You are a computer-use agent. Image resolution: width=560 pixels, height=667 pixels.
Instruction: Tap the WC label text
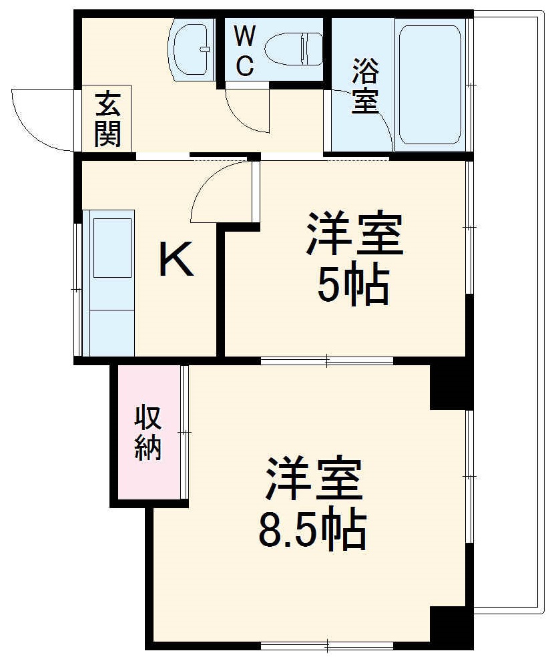click(x=244, y=50)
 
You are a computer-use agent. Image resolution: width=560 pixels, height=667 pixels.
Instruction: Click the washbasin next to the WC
click(x=192, y=49)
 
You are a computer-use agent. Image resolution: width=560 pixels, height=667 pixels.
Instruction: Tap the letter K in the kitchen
click(x=176, y=260)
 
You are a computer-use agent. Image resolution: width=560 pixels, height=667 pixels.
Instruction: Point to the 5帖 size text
click(x=353, y=288)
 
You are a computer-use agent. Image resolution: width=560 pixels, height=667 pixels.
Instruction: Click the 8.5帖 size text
click(x=312, y=530)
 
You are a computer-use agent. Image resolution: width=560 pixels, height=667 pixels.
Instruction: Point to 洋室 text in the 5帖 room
click(x=354, y=234)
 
